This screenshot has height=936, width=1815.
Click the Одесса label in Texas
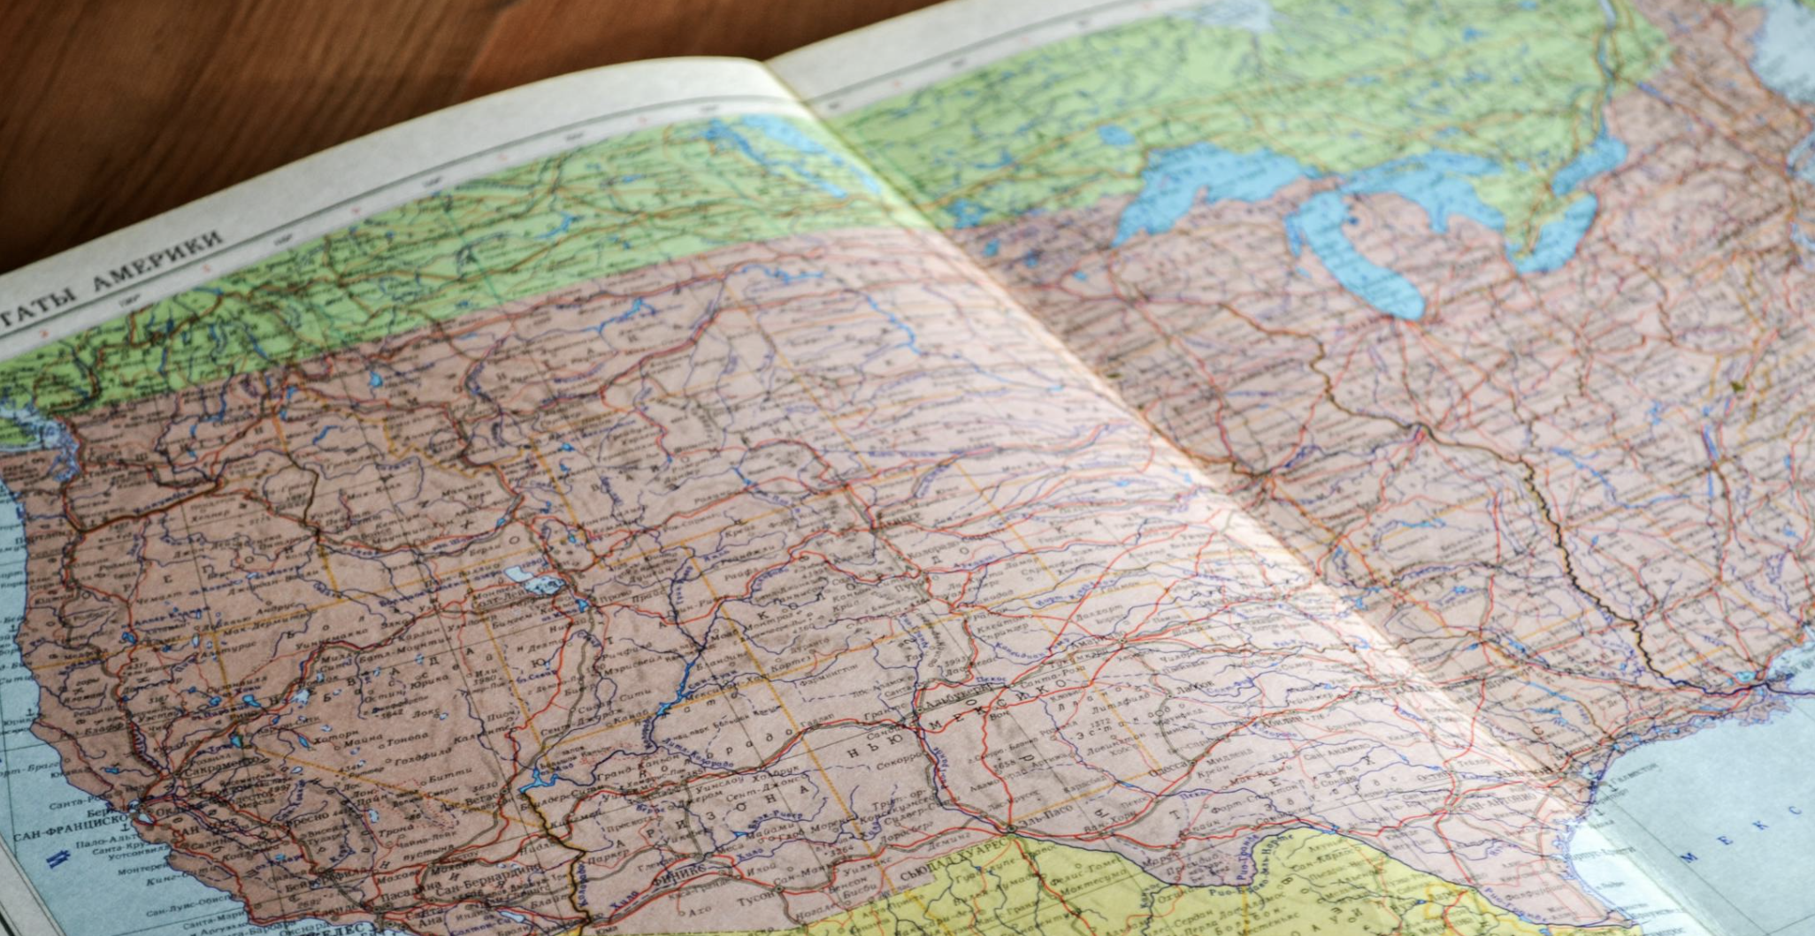1175,764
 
